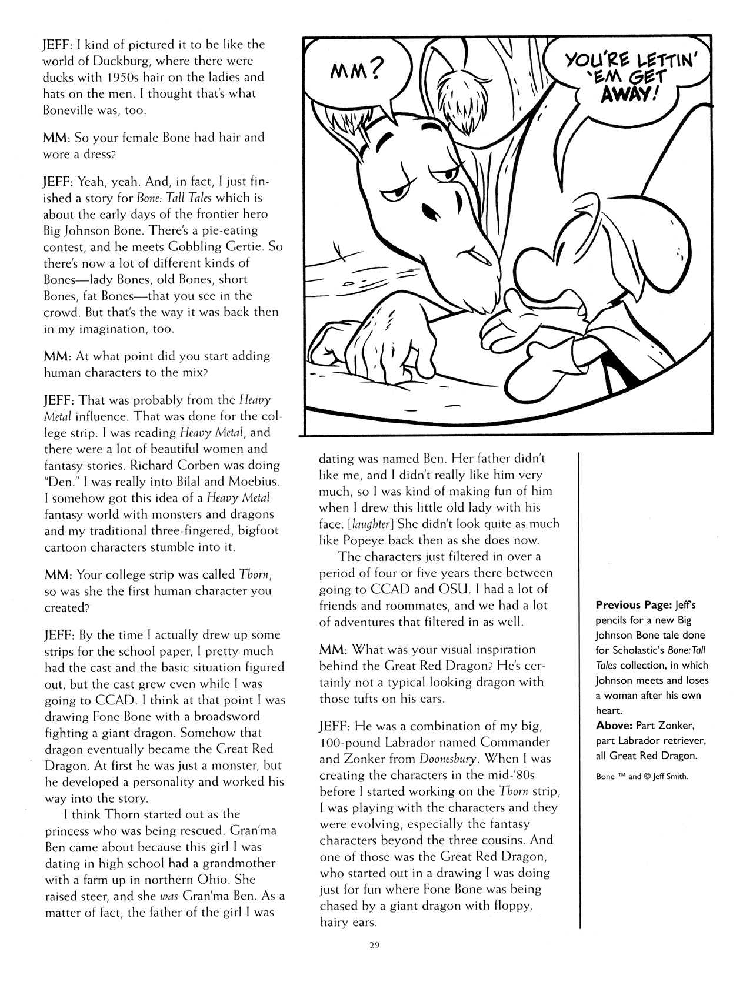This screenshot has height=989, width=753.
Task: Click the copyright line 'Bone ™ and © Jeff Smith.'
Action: (642, 776)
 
